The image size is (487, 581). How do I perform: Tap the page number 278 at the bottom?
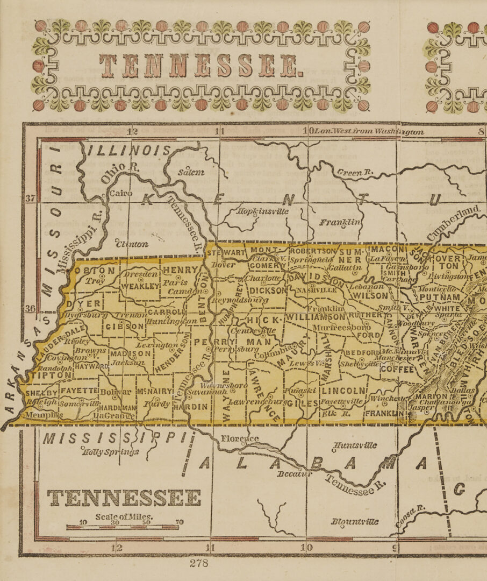click(x=198, y=563)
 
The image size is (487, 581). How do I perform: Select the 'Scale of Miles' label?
click(x=124, y=517)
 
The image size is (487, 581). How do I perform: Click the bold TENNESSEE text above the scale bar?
click(x=124, y=498)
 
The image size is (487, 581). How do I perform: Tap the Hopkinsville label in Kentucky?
click(x=263, y=211)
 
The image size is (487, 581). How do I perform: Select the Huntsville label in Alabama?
click(x=355, y=445)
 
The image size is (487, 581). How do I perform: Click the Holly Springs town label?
click(x=110, y=452)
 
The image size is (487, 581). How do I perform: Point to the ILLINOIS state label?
click(x=129, y=150)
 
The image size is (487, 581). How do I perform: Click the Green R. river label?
click(x=355, y=173)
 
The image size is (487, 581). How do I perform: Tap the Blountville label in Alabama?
click(x=355, y=521)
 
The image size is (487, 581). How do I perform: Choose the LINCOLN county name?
click(x=344, y=390)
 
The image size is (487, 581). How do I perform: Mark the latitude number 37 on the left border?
click(x=30, y=199)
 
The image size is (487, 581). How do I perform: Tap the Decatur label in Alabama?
click(x=295, y=474)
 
